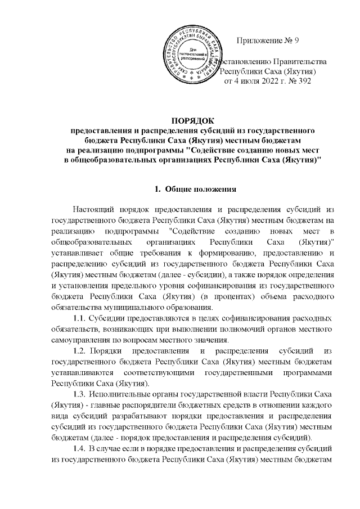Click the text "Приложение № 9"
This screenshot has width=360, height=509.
coord(270,41)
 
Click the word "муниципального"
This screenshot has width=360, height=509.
coord(136,308)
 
